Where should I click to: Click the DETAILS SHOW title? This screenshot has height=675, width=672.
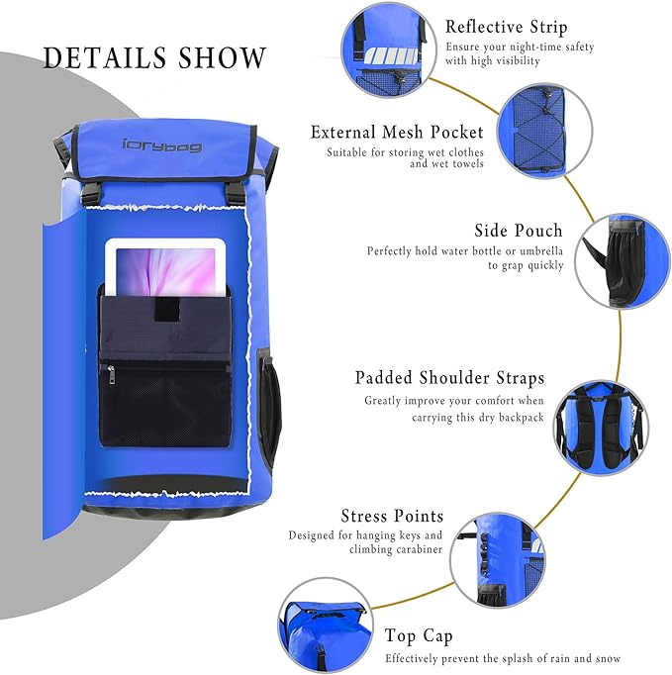[154, 57]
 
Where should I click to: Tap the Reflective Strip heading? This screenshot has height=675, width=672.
[507, 27]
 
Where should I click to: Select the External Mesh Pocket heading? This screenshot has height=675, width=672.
[397, 133]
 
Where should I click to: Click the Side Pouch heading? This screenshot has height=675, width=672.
[519, 231]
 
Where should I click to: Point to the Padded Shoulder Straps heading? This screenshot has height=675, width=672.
[449, 377]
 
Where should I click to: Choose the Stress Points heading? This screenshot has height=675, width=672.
[392, 516]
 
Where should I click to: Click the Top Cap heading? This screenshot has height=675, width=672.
[419, 636]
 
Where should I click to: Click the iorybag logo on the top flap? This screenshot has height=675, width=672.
[162, 145]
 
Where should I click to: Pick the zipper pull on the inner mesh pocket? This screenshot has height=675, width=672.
[112, 374]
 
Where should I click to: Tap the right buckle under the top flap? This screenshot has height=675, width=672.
[236, 194]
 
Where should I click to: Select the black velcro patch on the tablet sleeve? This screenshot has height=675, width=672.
[167, 309]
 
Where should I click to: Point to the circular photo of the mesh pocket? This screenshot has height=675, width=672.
[544, 131]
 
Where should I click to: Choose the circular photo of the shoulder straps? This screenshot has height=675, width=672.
[601, 427]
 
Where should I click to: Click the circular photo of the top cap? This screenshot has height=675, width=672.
[326, 626]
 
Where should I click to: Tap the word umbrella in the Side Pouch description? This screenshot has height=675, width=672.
[541, 250]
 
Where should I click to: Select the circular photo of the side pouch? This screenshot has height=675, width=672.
[623, 261]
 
